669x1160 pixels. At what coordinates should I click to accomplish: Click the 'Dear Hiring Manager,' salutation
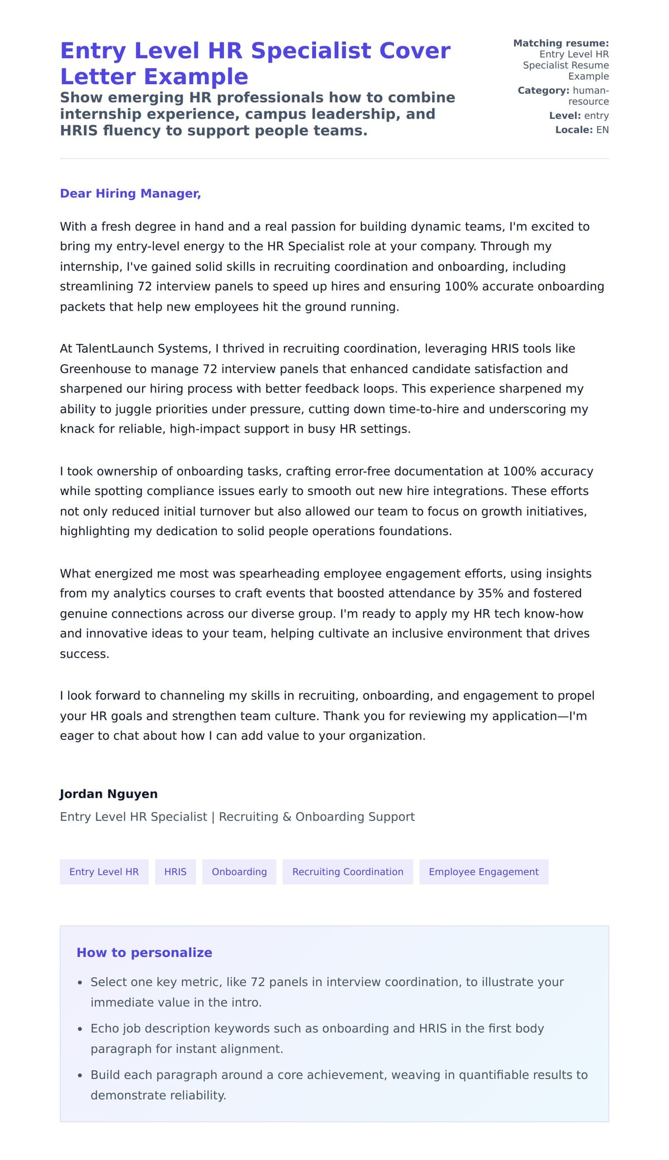pos(130,193)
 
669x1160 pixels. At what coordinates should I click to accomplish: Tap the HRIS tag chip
pos(175,872)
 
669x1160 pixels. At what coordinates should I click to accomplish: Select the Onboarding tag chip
pos(239,872)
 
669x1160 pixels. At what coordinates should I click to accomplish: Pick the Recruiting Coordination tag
pos(347,872)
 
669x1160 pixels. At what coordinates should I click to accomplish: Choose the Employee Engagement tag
pos(483,872)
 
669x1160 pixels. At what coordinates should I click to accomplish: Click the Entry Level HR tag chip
pos(104,872)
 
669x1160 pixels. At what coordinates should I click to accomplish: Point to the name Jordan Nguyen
pos(109,794)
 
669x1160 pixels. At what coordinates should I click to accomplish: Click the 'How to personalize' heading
pos(144,953)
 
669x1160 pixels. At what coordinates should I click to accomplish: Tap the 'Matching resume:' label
pos(561,43)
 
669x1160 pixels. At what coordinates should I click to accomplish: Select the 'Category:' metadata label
pos(543,90)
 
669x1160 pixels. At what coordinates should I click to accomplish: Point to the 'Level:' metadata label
pos(565,116)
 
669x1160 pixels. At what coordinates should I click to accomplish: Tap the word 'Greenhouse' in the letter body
pos(90,369)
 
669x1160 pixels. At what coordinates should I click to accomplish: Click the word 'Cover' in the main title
pos(414,51)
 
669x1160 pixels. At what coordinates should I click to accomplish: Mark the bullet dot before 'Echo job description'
pos(80,1030)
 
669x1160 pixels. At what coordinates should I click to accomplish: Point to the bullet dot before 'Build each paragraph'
pos(80,1076)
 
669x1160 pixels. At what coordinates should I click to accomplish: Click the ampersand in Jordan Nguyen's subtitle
pos(287,817)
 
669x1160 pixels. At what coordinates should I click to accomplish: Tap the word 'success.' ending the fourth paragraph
pos(84,654)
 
